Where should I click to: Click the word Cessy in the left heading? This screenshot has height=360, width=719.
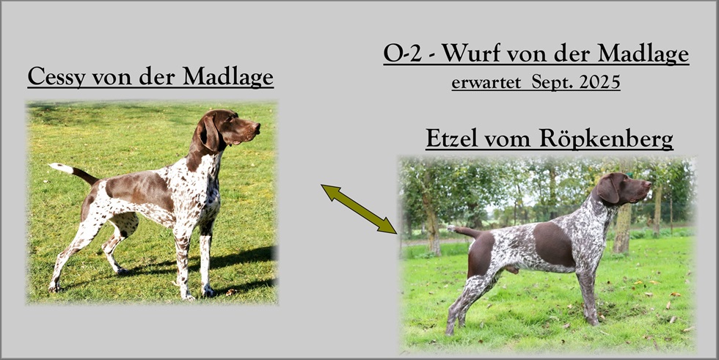(x=56, y=77)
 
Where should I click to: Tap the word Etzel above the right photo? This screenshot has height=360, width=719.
(x=452, y=139)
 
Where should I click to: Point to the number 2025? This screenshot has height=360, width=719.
(x=599, y=82)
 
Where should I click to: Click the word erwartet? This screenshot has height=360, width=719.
(x=486, y=83)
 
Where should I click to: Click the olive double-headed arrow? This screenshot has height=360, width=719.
(x=359, y=209)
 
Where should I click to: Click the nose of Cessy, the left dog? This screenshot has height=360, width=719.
(x=257, y=127)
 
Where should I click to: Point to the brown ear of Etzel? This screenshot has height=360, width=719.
(x=607, y=190)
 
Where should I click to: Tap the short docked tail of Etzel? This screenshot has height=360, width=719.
(x=463, y=230)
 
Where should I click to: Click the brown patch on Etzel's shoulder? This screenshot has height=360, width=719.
(x=554, y=243)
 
